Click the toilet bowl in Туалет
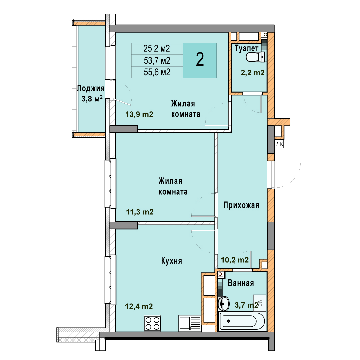click(255, 57)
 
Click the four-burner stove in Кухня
click(152, 323)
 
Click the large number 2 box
click(200, 60)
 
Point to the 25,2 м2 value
click(157, 48)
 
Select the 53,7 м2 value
click(157, 61)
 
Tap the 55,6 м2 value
click(157, 72)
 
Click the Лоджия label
click(91, 88)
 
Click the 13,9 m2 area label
click(139, 114)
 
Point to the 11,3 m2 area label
click(140, 212)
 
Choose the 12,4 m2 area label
click(139, 306)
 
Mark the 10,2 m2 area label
click(235, 260)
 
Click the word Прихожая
click(241, 205)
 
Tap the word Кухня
click(172, 261)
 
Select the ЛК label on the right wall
click(279, 144)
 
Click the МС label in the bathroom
click(260, 303)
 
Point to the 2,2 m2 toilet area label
click(253, 73)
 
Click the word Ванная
click(241, 283)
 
